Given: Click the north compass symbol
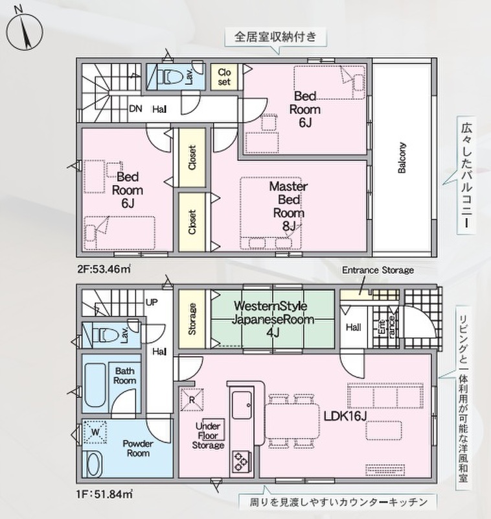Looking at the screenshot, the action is pyautogui.click(x=25, y=31).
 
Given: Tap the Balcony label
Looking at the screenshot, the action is pyautogui.click(x=402, y=158).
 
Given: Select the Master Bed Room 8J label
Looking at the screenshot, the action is pyautogui.click(x=288, y=206).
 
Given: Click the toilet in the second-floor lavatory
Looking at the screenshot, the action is pyautogui.click(x=170, y=77).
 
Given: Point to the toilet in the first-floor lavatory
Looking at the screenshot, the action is pyautogui.click(x=106, y=335).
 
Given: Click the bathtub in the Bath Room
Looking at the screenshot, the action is pyautogui.click(x=95, y=385).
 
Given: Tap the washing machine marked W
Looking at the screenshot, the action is pyautogui.click(x=95, y=432).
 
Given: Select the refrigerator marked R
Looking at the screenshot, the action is pyautogui.click(x=192, y=400).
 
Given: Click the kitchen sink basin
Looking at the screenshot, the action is pyautogui.click(x=242, y=405).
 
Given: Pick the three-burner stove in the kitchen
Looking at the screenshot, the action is pyautogui.click(x=242, y=461).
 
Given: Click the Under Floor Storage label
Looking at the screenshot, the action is pyautogui.click(x=208, y=435).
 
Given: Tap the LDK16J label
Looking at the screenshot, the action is pyautogui.click(x=345, y=416).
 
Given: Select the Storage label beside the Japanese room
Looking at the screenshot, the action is pyautogui.click(x=192, y=319).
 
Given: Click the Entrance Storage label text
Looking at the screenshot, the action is pyautogui.click(x=378, y=270).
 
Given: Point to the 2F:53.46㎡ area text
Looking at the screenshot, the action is pyautogui.click(x=104, y=269).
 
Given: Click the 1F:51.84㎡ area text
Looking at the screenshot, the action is pyautogui.click(x=105, y=494).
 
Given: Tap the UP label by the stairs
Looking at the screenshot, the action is pyautogui.click(x=152, y=302).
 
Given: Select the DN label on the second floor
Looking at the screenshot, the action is pyautogui.click(x=135, y=108).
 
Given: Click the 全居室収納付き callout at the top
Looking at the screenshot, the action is pyautogui.click(x=275, y=36).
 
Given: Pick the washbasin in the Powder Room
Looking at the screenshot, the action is pyautogui.click(x=94, y=464).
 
